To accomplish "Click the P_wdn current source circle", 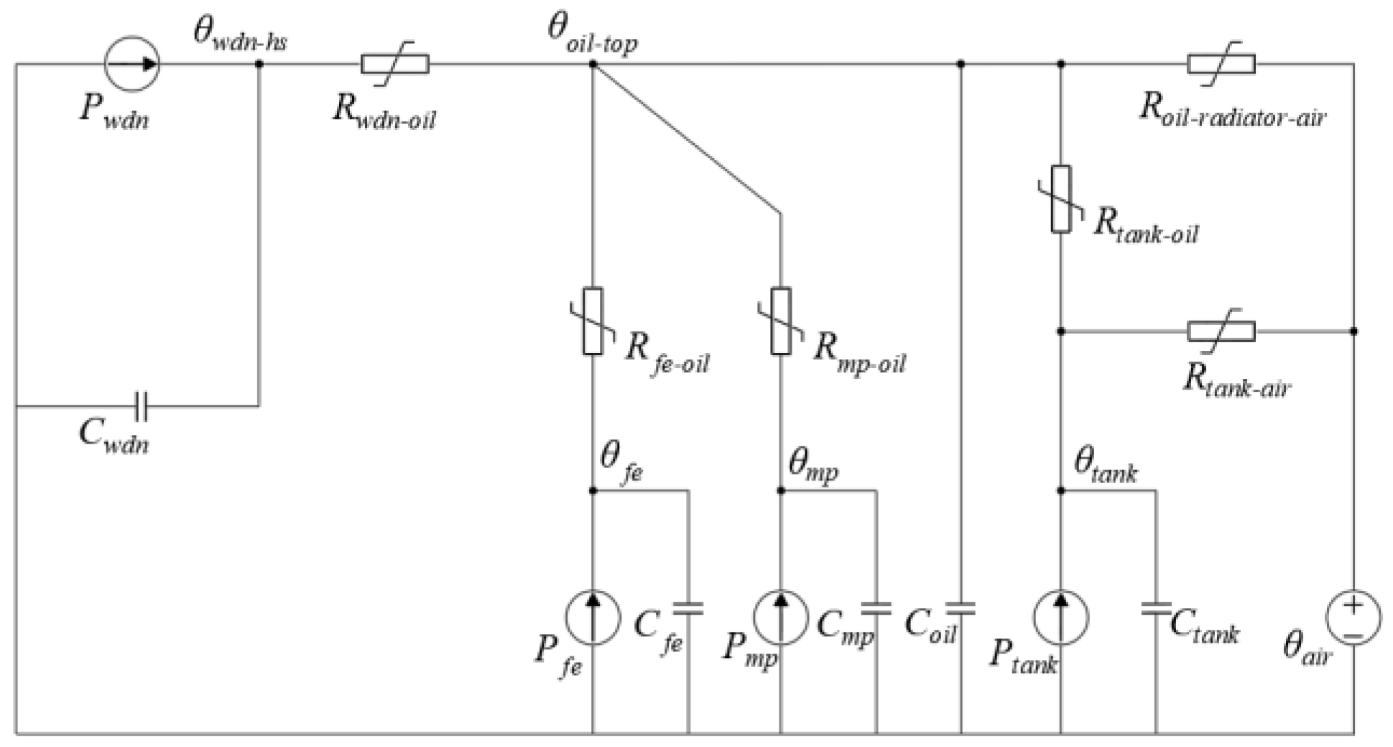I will (131, 64).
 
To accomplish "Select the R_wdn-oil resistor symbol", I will (394, 64).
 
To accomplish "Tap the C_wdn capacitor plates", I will (142, 406).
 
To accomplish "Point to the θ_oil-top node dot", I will (593, 64).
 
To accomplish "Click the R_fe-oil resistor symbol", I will (593, 321).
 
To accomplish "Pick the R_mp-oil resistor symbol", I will (781, 321).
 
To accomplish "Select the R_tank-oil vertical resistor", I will (1061, 199).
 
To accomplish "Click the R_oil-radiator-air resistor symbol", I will (1221, 64).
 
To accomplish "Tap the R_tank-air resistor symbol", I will (1221, 331).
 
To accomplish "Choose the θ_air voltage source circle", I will (1353, 618).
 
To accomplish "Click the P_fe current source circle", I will (593, 618).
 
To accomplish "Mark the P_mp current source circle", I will (781, 618).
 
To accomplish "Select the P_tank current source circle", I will (1061, 618).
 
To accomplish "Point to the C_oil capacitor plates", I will (961, 608).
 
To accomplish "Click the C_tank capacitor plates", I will (1156, 608).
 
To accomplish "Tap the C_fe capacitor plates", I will (688, 608).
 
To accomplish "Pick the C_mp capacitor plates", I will (876, 608).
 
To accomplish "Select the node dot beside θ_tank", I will (1061, 491).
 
